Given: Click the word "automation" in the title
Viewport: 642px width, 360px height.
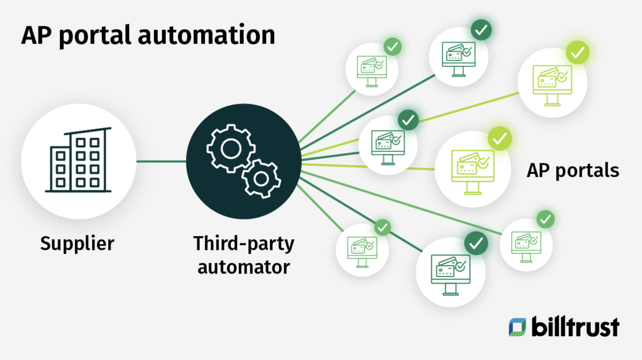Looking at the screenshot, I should click(206, 35).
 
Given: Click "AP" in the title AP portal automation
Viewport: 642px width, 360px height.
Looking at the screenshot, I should click(36, 35).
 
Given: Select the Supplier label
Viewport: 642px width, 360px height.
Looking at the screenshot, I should click(77, 244).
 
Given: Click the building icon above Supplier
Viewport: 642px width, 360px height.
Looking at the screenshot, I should click(79, 161).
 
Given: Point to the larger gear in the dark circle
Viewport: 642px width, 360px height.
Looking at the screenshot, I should click(231, 148).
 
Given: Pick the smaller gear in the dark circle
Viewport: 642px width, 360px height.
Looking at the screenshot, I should click(261, 179).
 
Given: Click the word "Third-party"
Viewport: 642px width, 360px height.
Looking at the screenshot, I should click(244, 244).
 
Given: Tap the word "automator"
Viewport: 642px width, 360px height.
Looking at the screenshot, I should click(244, 267).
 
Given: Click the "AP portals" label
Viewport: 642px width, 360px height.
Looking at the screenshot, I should click(573, 170).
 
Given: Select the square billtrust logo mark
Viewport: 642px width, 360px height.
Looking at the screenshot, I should click(517, 327).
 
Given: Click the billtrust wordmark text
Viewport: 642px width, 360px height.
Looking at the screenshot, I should click(575, 327).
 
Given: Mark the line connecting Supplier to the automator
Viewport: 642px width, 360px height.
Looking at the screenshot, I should click(161, 162).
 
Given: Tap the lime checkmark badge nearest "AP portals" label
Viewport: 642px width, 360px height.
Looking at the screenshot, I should click(500, 139).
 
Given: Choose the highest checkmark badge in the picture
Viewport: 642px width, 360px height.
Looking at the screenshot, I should click(481, 30).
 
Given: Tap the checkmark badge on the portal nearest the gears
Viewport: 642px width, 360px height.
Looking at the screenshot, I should click(408, 120).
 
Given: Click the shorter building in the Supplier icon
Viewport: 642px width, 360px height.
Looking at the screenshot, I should click(60, 169).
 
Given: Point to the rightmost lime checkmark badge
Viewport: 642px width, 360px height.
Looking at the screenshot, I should click(577, 53).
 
